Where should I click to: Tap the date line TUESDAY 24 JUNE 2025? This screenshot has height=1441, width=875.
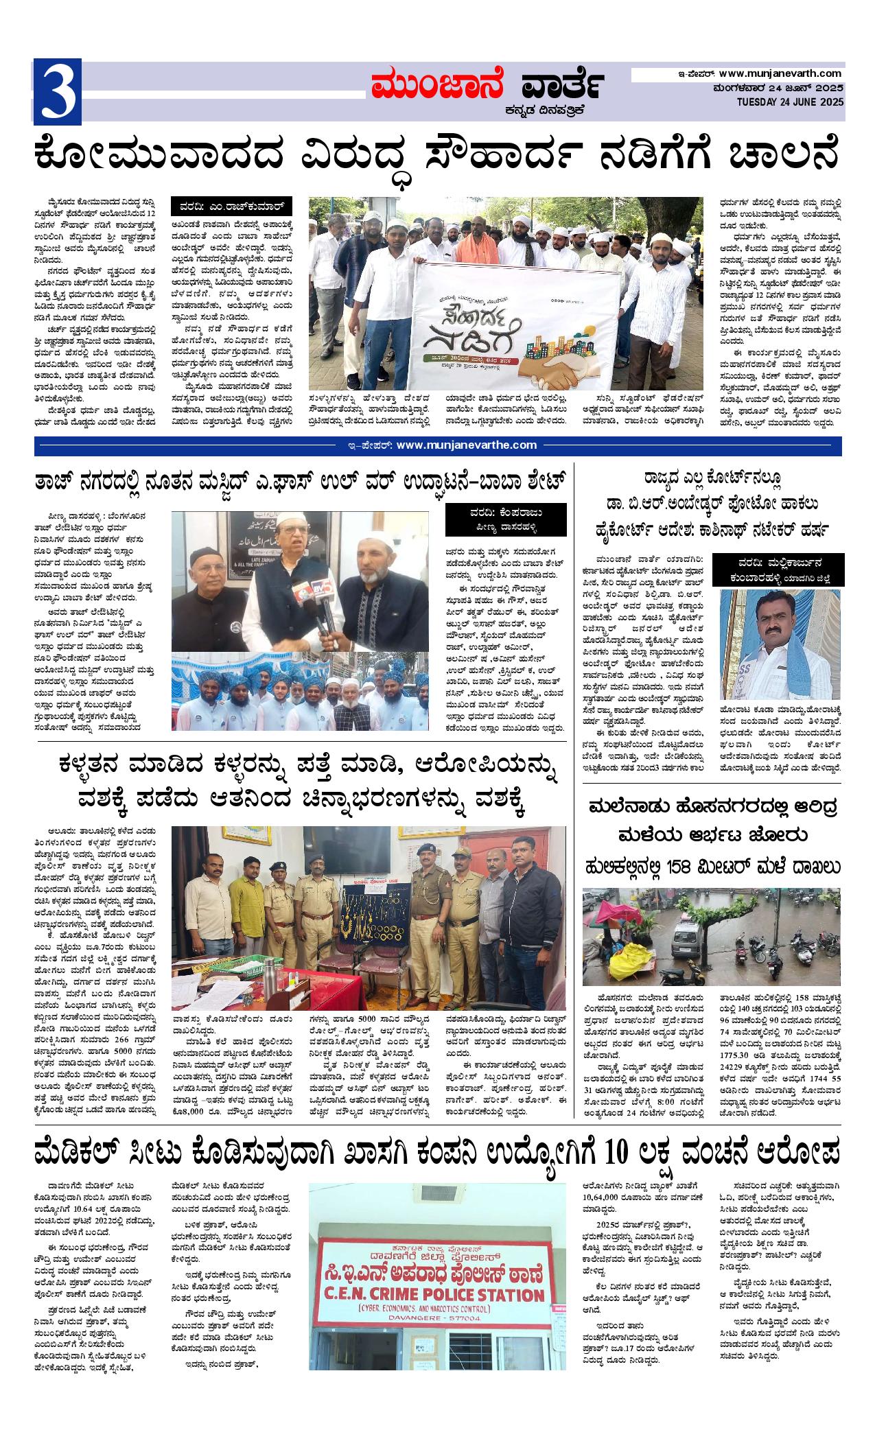[789, 102]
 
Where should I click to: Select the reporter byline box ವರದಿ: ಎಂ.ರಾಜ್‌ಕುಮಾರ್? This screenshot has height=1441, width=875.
[232, 207]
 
